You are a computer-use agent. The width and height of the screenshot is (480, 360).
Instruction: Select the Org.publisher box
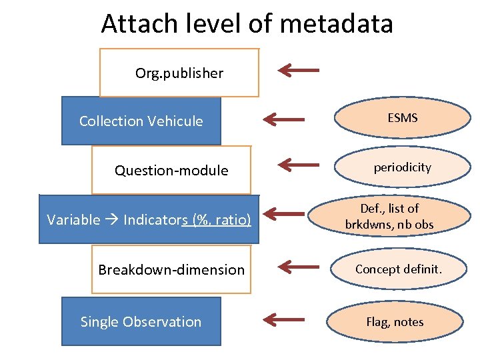coord(179,73)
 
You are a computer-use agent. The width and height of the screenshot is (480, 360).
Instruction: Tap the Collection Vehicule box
coord(141,121)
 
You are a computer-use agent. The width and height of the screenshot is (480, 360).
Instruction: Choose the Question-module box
coord(171,171)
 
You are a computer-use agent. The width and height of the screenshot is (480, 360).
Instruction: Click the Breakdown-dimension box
coord(171,269)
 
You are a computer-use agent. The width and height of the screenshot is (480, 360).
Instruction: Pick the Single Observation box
coord(141,321)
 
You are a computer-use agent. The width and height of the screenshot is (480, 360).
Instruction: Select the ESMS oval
coord(402,118)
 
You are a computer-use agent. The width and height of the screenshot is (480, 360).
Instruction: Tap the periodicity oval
coord(402,167)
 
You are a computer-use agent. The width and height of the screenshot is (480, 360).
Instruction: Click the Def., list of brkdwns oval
coord(389,217)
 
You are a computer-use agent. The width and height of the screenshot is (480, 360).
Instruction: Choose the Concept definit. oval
coord(399,269)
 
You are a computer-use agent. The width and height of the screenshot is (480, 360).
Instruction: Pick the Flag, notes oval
coord(395,322)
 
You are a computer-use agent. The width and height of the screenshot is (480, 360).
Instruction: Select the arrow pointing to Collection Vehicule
coord(283,119)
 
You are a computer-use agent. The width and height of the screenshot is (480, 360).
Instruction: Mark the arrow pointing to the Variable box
coord(283,214)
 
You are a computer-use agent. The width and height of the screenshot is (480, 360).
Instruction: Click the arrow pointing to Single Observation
coord(283,319)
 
